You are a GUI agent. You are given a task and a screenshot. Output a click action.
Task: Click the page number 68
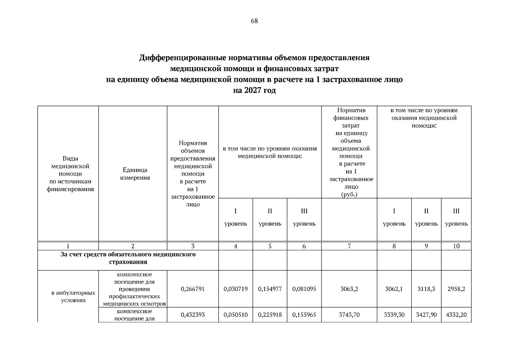coord(254,21)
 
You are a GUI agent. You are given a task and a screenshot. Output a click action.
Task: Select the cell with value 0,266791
coord(193,289)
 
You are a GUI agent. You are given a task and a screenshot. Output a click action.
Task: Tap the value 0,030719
coord(235,289)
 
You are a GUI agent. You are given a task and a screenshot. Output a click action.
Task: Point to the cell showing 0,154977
coord(270,289)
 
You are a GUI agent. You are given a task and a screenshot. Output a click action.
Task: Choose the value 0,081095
coord(304,289)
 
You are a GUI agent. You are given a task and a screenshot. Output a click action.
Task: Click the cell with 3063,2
coord(349,289)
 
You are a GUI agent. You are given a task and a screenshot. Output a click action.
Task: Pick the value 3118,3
coord(426,289)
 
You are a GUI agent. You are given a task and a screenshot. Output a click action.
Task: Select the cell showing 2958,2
coord(456,289)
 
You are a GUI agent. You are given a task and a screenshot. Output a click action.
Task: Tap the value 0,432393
coord(193,315)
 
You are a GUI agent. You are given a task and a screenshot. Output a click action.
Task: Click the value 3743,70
coord(349,315)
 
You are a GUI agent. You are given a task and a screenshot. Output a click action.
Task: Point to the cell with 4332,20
coord(456,315)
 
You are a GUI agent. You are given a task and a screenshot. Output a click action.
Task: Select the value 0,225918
coord(270,315)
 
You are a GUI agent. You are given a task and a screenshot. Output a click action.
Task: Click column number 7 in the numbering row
coord(349,246)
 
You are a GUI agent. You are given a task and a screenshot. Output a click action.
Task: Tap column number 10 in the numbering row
coord(456,246)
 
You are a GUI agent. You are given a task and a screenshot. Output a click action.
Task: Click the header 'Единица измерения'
coord(135,174)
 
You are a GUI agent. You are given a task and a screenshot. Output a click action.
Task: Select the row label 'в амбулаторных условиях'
coord(73,296)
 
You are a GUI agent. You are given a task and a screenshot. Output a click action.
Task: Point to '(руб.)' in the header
coord(349,194)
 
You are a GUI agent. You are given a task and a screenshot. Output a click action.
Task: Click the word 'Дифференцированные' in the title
coord(182,58)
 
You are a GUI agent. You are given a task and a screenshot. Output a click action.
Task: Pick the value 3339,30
coord(394,315)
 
